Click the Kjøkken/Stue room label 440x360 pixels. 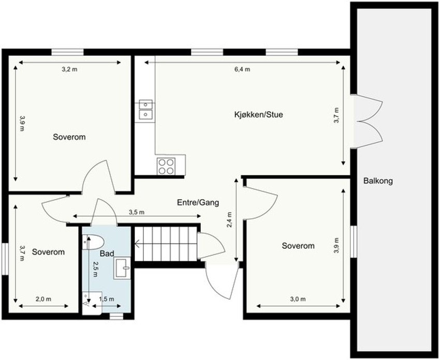tap(258, 115)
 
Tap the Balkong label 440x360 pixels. tap(378, 181)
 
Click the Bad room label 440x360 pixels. tap(107, 254)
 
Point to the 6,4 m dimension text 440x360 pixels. tap(242, 69)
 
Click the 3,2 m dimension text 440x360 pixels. tap(69, 69)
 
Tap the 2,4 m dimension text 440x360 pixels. tap(229, 220)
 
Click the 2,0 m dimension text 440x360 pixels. tap(43, 299)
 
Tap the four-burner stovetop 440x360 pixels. tap(166, 166)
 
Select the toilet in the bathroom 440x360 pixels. tap(93, 242)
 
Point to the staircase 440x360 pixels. tap(166, 245)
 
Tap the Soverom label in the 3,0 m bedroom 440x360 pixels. tap(298, 246)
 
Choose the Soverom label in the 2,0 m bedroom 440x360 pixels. tap(48, 252)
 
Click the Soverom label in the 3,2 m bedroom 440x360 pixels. tap(69, 138)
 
